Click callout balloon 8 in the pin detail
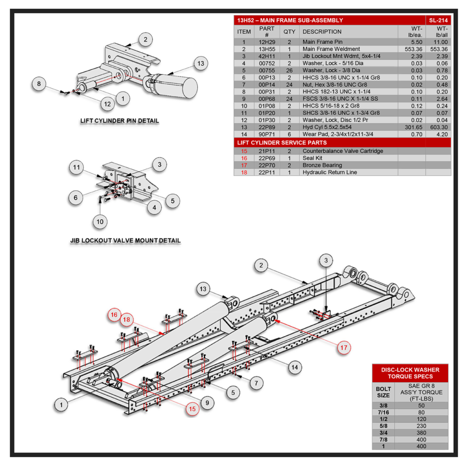39,84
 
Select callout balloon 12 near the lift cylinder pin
107,104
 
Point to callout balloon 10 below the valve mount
100,222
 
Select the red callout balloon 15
193,409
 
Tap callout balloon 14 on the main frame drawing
295,366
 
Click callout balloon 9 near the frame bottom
207,403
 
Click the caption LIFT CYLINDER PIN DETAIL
119,121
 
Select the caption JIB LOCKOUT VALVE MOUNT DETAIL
125,240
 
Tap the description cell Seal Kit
313,158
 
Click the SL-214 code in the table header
438,20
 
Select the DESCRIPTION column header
322,32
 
